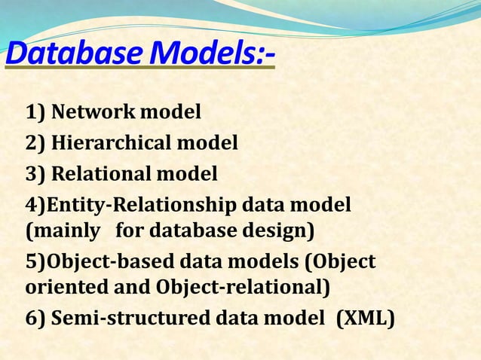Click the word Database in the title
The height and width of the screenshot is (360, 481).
pyautogui.click(x=73, y=54)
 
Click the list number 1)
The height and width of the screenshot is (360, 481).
pyautogui.click(x=35, y=112)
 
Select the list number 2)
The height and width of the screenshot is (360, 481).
pyautogui.click(x=35, y=142)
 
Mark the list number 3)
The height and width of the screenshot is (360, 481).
pyautogui.click(x=35, y=174)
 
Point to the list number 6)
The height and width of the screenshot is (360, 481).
pyautogui.click(x=35, y=318)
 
